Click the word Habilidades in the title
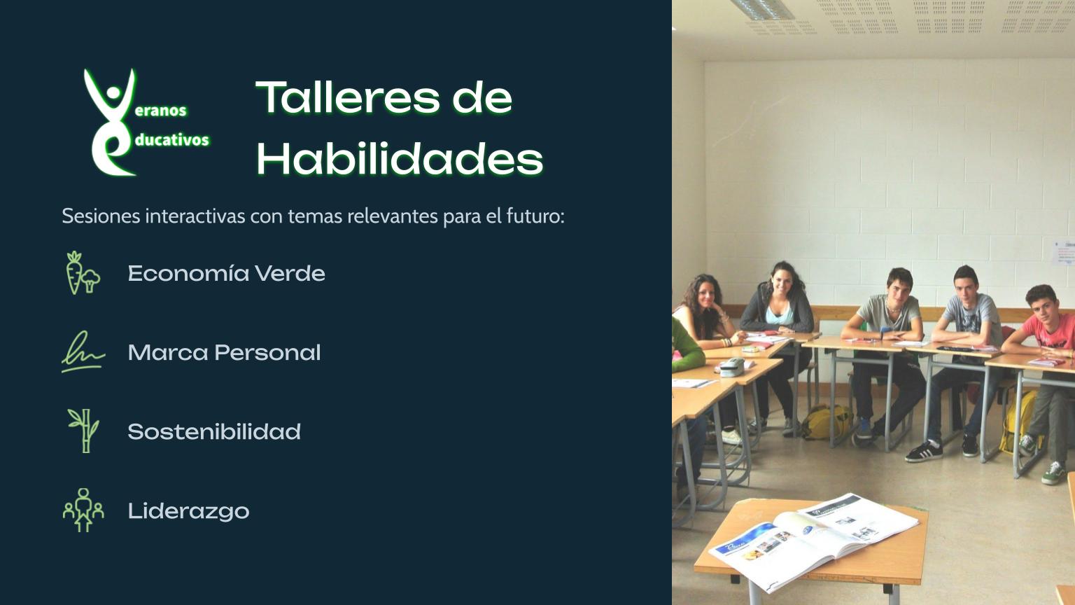tap(400, 158)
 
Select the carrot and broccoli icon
tap(83, 272)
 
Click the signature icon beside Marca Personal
tap(83, 352)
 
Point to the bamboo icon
tap(84, 431)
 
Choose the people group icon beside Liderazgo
tap(83, 510)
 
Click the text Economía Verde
tap(227, 273)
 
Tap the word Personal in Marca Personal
tap(268, 352)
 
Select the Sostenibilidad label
tap(214, 431)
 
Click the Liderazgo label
tap(188, 511)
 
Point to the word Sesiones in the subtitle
tap(101, 216)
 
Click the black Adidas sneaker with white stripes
tap(924, 452)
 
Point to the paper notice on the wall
tap(1063, 252)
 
